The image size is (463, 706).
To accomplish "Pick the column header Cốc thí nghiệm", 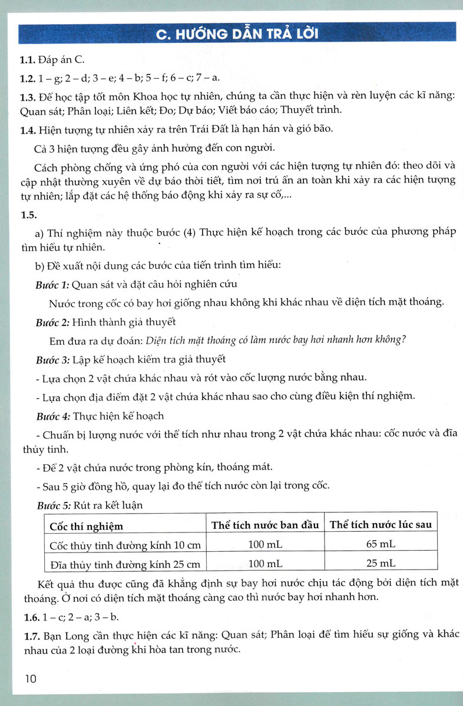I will tap(86, 526).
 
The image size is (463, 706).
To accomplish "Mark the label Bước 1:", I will tap(52, 285).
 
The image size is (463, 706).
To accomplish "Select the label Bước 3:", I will tap(52, 359).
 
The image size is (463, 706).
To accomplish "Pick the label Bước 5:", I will tap(52, 504).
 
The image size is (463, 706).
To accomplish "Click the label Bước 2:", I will tap(52, 322).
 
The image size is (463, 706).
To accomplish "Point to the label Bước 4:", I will tap(52, 415).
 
